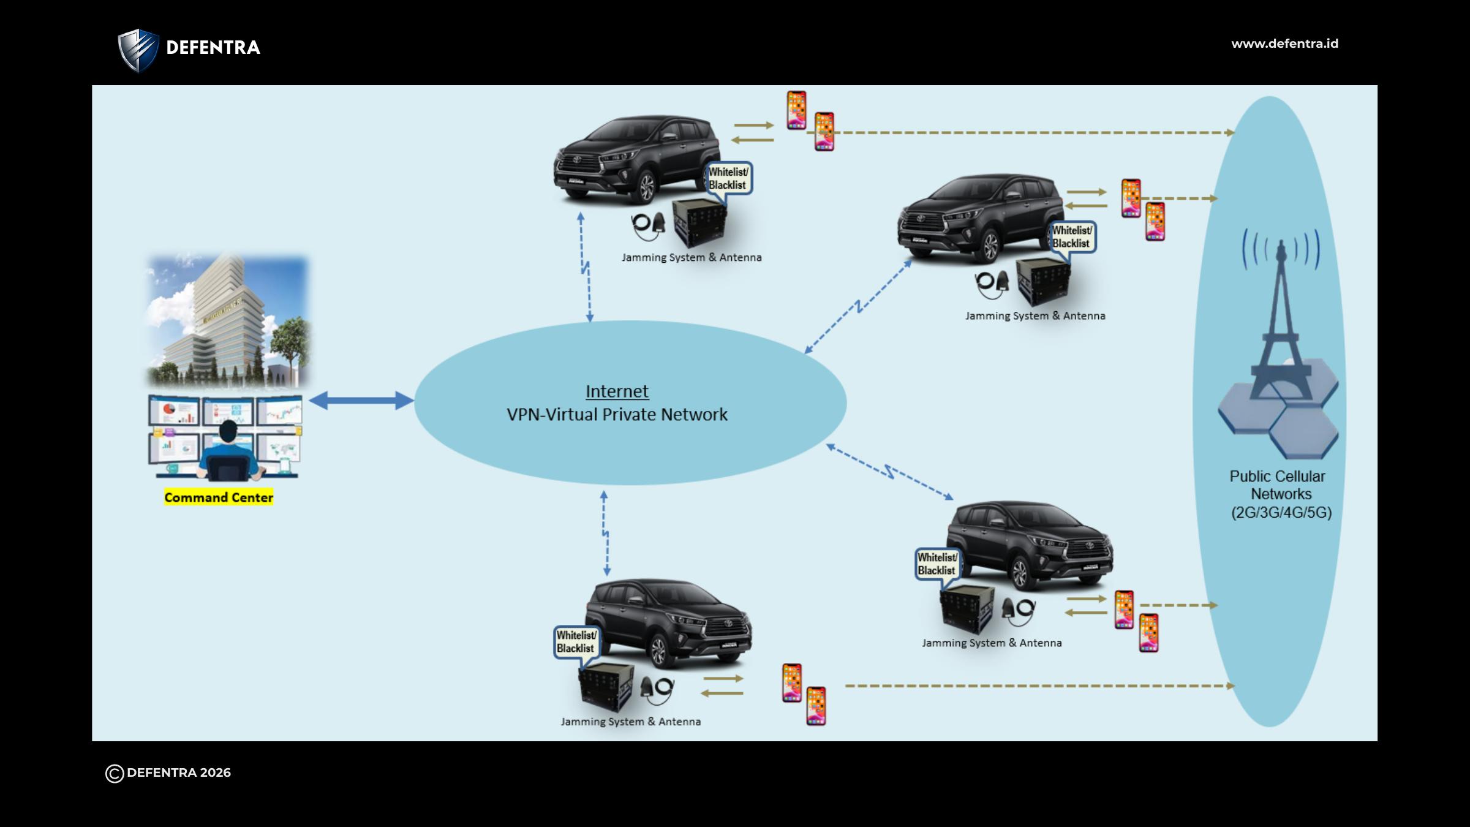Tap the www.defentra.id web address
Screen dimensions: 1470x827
pyautogui.click(x=1284, y=43)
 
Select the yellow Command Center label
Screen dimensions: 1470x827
pyautogui.click(x=219, y=497)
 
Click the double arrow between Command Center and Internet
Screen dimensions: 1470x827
pyautogui.click(x=361, y=401)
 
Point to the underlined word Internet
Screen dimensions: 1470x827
pyautogui.click(x=617, y=391)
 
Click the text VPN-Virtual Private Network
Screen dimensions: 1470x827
pyautogui.click(x=617, y=415)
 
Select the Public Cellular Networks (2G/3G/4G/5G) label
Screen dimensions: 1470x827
pyautogui.click(x=1280, y=494)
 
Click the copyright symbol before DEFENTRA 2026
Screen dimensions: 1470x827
pyautogui.click(x=115, y=774)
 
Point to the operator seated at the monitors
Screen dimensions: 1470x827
pyautogui.click(x=228, y=450)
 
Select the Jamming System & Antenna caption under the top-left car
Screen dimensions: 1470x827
pyautogui.click(x=692, y=258)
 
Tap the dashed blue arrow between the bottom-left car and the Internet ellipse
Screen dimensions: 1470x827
pyautogui.click(x=605, y=533)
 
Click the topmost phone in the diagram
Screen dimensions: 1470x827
pyautogui.click(x=796, y=110)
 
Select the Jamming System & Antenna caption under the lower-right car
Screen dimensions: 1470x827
pyautogui.click(x=992, y=643)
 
